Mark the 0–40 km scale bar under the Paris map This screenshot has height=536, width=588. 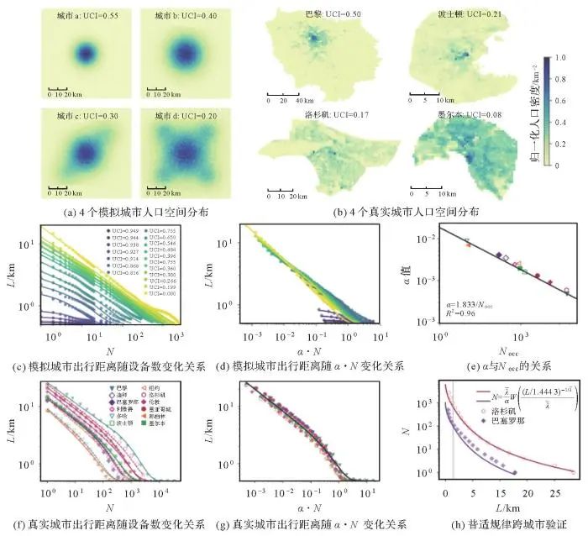point(286,95)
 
